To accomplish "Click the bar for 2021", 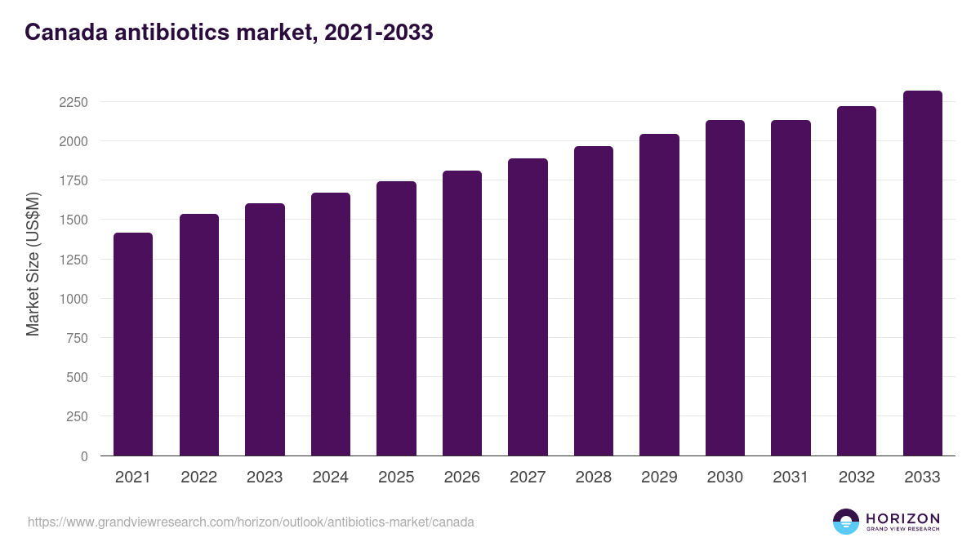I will (133, 344).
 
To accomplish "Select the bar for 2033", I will (922, 273).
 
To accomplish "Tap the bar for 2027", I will (528, 307).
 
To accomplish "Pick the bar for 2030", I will (725, 287).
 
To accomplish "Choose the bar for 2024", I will (331, 324).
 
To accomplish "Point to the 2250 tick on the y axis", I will (73, 102).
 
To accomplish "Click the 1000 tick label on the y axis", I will (73, 299).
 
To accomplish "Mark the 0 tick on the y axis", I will (84, 456).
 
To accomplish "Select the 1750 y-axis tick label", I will (73, 181).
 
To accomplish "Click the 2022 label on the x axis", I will (198, 478).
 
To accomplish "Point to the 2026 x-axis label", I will (462, 478).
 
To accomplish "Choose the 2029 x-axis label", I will (659, 478).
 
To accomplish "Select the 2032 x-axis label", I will (857, 478).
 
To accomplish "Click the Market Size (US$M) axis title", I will (33, 264).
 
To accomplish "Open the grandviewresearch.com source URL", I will (251, 522).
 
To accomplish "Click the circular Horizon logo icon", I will (845, 522).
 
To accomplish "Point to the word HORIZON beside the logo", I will (902, 518).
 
